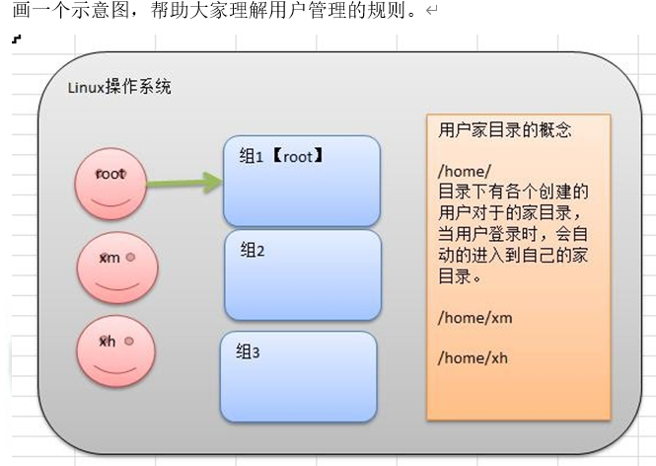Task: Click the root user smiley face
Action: [x=110, y=184]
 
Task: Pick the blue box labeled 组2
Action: [x=302, y=276]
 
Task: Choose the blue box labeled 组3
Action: [x=298, y=377]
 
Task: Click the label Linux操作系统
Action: [x=119, y=87]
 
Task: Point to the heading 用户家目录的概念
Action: [x=504, y=130]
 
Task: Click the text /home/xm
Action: [x=475, y=318]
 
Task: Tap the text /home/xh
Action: [x=474, y=358]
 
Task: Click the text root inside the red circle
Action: [x=110, y=174]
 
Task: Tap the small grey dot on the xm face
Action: [x=129, y=256]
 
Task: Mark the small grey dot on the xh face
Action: [x=128, y=341]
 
